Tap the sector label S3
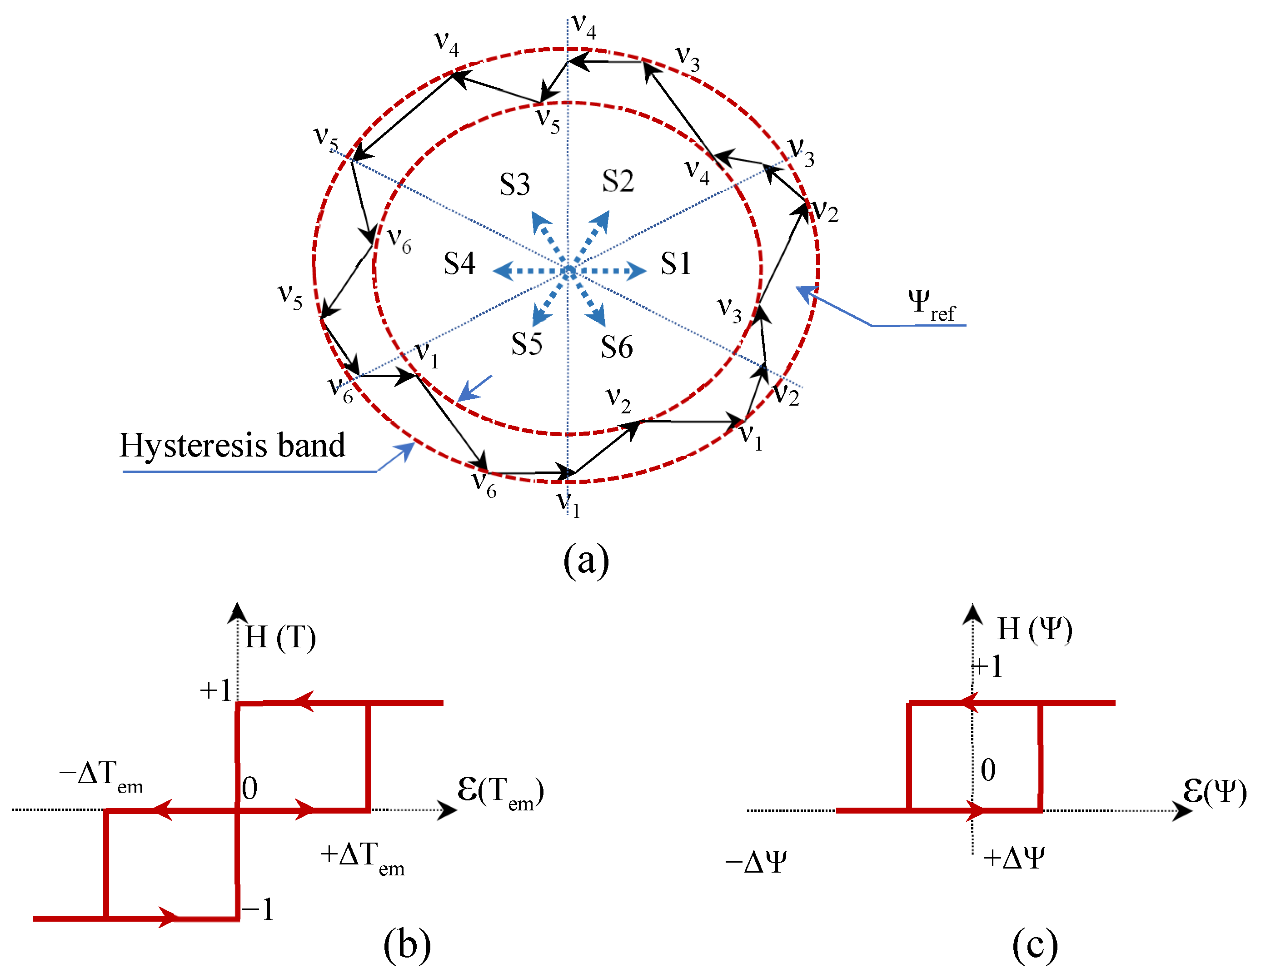pos(514,185)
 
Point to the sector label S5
pos(527,344)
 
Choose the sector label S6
pos(617,347)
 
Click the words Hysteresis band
pos(232,445)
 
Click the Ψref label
pos(931,304)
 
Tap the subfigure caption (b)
pos(407,945)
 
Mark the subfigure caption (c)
pos(1035,945)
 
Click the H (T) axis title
pos(280,637)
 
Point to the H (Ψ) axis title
pos(1034,629)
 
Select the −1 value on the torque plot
pos(258,909)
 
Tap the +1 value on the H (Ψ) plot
pos(987,666)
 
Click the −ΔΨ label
pos(756,863)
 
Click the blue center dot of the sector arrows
pos(569,271)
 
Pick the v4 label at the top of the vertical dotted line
pos(584,27)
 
